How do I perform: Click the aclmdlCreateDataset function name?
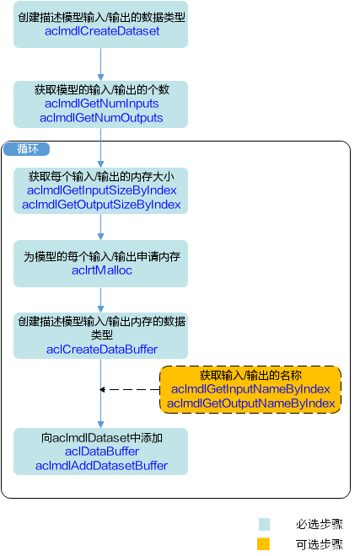tap(102, 31)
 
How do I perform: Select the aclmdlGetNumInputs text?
tap(101, 104)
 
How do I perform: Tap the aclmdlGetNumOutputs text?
tap(101, 118)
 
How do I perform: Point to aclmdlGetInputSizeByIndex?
tap(102, 190)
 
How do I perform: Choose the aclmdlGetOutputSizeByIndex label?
tap(101, 205)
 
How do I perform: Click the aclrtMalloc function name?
tap(102, 270)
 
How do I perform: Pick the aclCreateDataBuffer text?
tap(102, 350)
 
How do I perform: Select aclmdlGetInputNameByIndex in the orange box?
tap(250, 389)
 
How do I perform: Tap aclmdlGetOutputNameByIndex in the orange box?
tap(251, 404)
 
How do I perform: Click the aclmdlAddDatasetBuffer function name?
tap(101, 466)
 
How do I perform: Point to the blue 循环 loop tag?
tap(27, 149)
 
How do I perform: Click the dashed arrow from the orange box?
tap(130, 390)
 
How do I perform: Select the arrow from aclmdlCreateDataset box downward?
tap(101, 64)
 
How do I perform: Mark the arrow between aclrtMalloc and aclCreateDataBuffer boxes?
tap(101, 300)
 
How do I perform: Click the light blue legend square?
tap(264, 525)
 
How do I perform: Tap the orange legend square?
tap(263, 544)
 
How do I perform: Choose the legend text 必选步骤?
tap(320, 525)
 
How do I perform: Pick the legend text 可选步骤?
tap(320, 544)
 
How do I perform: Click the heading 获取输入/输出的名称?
tap(250, 375)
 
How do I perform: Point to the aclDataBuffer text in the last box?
tap(102, 452)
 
